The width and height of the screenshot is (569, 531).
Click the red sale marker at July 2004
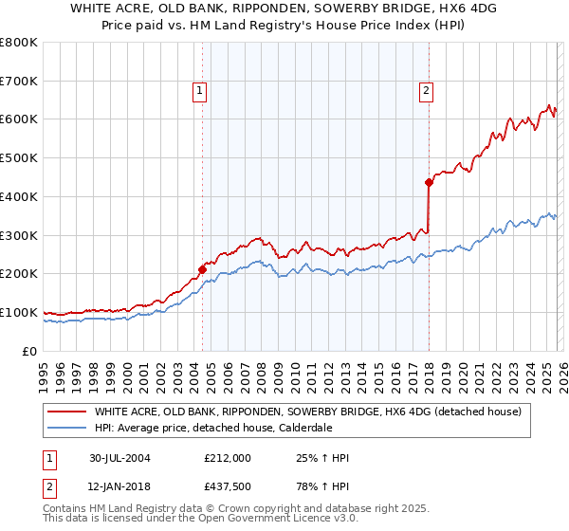(203, 269)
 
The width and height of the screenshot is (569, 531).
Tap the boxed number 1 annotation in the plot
(201, 91)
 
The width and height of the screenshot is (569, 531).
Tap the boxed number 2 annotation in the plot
(426, 91)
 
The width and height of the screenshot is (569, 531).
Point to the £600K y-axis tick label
(19, 119)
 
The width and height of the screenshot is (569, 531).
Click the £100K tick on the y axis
(19, 312)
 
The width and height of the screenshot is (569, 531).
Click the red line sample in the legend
(67, 412)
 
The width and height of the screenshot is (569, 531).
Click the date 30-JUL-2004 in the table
(120, 458)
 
